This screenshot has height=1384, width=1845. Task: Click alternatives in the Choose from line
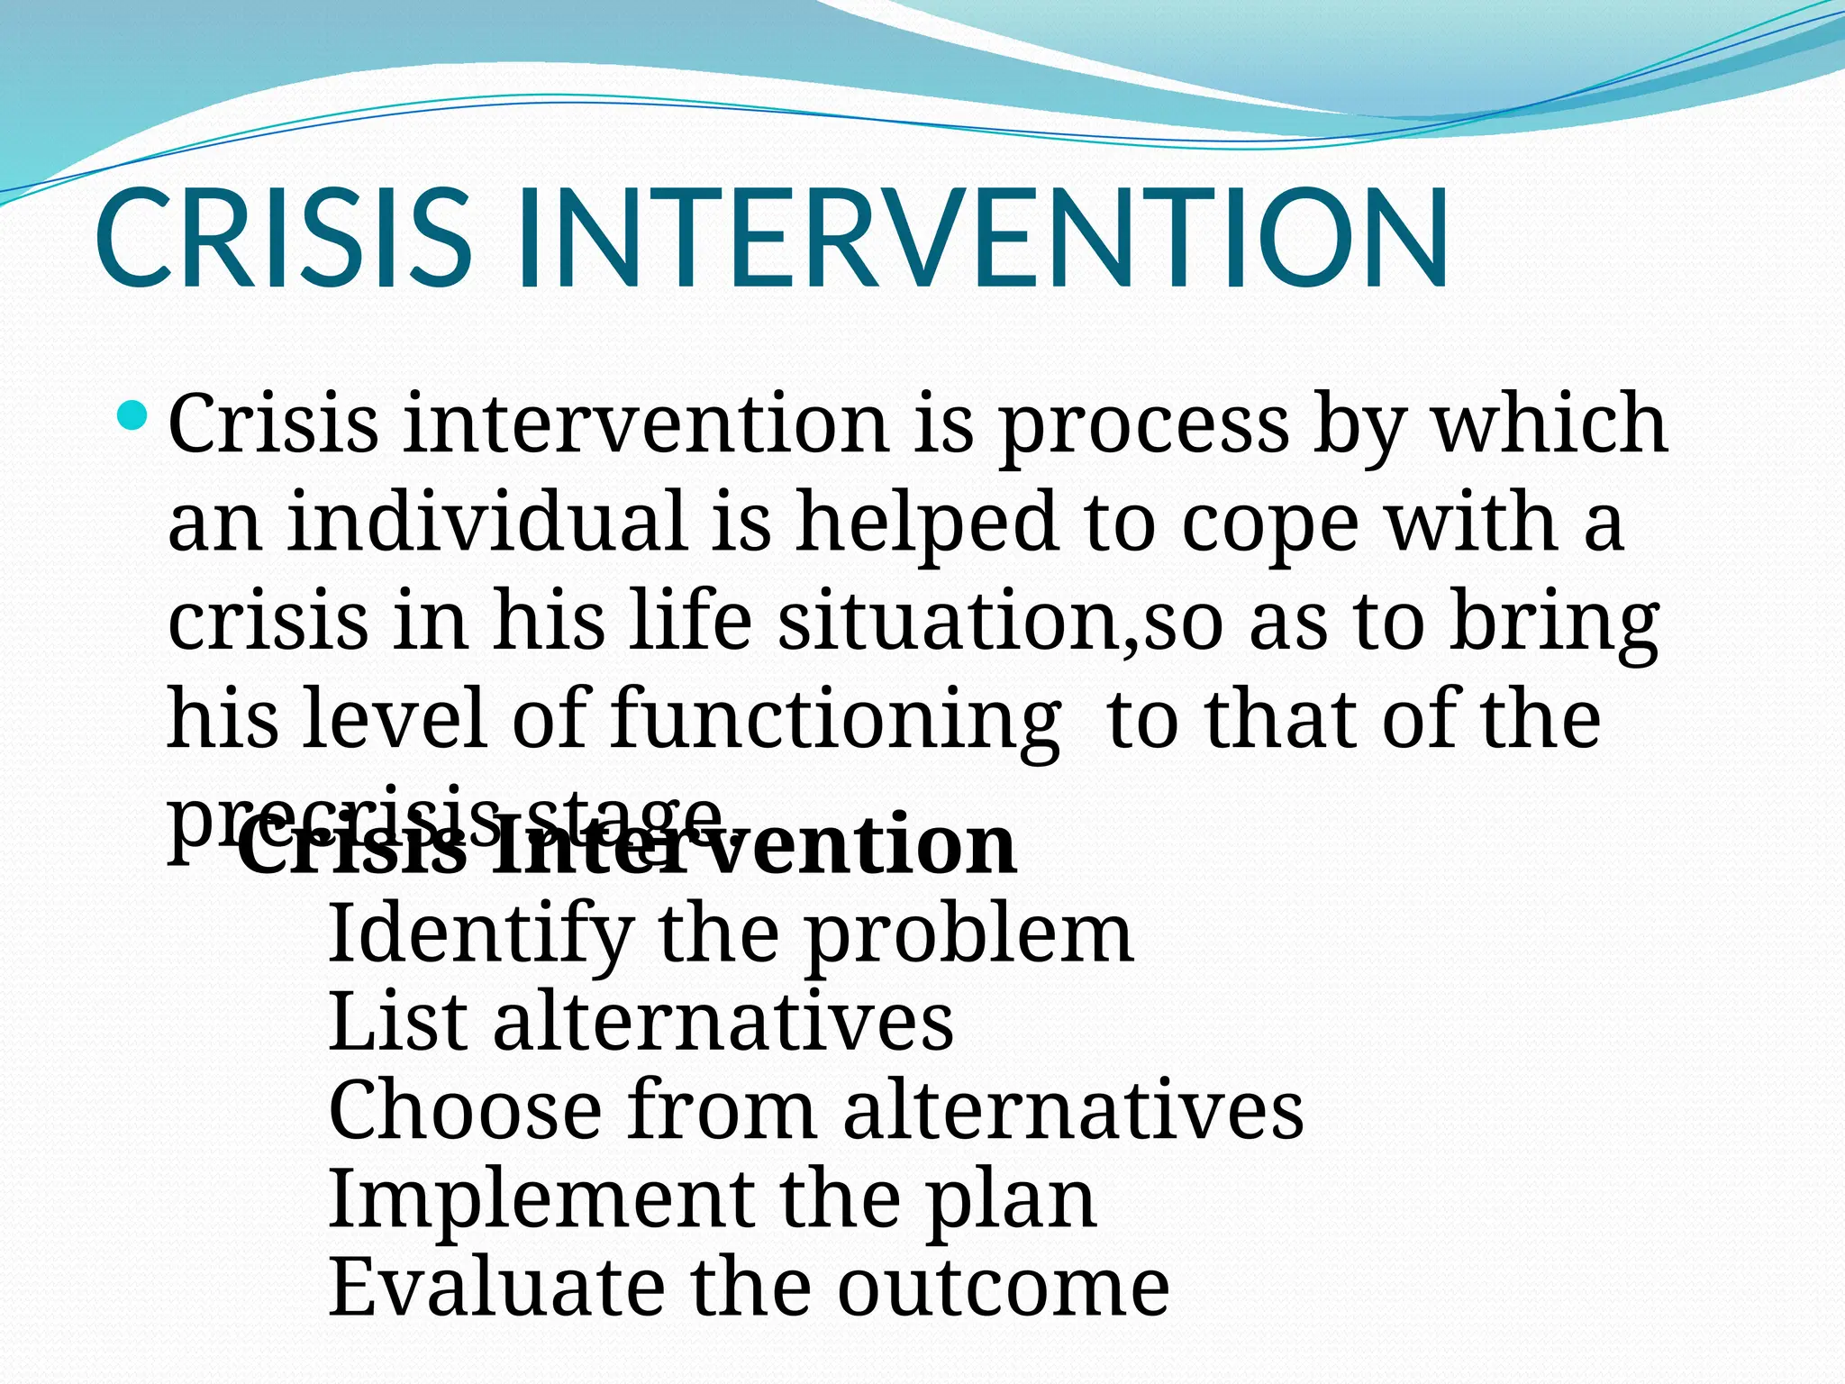point(1073,1110)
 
